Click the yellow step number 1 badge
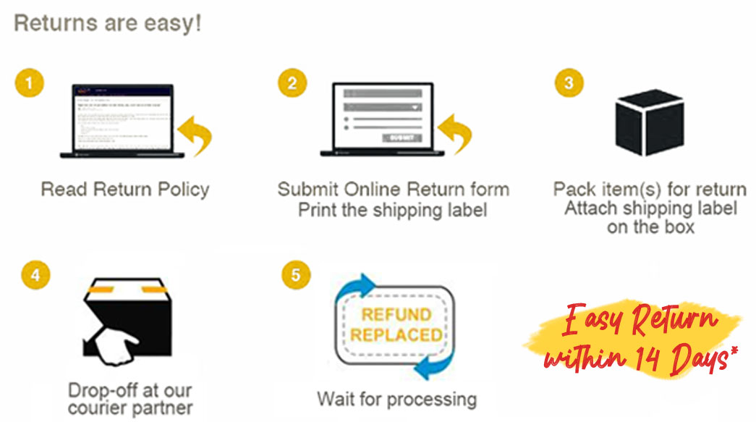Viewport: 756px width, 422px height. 30,82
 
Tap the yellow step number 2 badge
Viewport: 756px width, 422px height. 292,83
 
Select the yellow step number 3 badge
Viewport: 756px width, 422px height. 569,83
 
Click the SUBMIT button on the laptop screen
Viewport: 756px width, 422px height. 400,138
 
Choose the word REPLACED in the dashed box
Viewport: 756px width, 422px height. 396,335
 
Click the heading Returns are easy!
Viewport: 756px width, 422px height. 107,23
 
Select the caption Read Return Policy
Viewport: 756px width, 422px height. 124,190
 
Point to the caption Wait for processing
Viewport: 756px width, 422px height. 396,398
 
